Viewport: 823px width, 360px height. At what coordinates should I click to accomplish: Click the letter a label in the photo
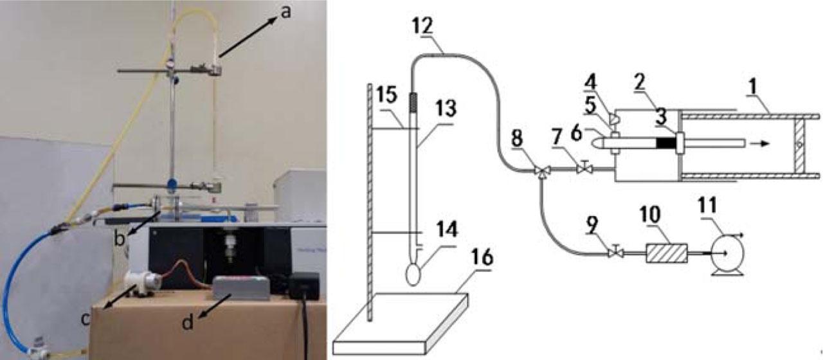point(285,12)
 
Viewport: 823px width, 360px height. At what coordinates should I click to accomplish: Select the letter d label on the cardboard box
point(188,322)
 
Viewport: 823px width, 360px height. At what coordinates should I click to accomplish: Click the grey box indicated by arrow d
point(241,288)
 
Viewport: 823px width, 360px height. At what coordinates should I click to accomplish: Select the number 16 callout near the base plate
point(482,258)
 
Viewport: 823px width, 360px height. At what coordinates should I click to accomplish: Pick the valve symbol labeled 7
point(584,169)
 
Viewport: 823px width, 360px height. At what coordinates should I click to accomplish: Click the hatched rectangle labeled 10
point(667,253)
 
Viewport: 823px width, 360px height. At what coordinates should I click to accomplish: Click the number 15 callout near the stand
point(387,94)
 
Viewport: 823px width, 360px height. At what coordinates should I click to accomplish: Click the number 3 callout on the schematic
point(660,117)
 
